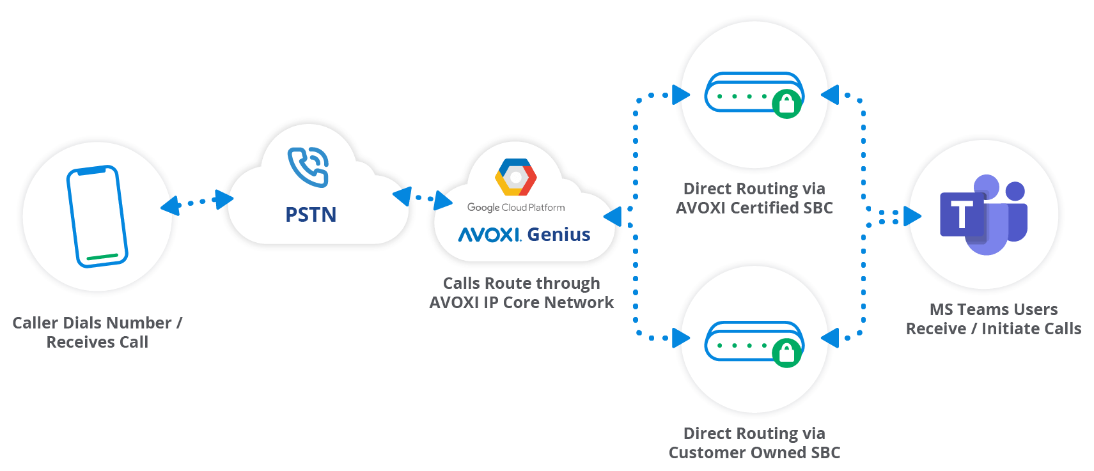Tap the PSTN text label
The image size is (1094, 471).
311,215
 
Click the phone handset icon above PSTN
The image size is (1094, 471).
309,167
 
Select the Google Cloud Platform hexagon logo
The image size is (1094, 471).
515,177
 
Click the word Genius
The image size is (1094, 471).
558,235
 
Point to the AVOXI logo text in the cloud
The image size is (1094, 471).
490,235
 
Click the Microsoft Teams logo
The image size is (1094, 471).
983,215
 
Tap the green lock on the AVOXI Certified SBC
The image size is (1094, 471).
786,104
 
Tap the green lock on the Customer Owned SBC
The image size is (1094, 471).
786,352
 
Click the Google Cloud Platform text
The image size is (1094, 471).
516,208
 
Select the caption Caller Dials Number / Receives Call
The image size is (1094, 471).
97,332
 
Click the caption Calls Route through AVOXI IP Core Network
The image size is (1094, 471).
521,293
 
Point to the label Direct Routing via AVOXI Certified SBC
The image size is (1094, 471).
754,198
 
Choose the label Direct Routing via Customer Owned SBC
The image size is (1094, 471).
754,443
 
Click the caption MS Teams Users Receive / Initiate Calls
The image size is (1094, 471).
993,319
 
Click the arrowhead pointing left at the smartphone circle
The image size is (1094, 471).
169,206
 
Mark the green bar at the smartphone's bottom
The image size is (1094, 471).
102,258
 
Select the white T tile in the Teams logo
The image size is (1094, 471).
961,214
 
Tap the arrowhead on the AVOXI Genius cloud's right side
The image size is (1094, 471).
613,217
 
